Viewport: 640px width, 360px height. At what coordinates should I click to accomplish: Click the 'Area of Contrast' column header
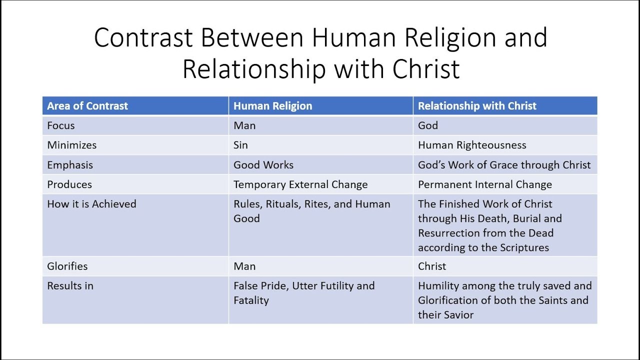tap(87, 106)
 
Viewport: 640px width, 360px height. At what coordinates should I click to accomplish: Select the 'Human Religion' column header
tap(273, 106)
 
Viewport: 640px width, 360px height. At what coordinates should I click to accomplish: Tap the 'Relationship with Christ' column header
tap(477, 106)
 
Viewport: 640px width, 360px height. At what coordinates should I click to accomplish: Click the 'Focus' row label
tap(61, 125)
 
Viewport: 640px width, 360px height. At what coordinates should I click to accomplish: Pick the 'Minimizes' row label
tap(71, 145)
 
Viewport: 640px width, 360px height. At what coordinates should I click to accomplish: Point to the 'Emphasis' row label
tap(70, 165)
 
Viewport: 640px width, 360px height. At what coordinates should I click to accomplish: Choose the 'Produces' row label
tap(69, 184)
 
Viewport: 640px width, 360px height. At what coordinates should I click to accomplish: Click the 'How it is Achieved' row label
tap(91, 204)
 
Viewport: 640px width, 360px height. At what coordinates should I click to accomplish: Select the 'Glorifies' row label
tap(67, 266)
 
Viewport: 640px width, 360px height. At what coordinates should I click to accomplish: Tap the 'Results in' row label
tap(70, 286)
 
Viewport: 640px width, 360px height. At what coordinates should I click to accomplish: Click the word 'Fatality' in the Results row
tap(251, 300)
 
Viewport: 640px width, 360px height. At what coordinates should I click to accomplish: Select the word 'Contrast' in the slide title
tap(143, 37)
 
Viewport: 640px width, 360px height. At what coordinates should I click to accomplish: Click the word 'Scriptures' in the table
tap(524, 247)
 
